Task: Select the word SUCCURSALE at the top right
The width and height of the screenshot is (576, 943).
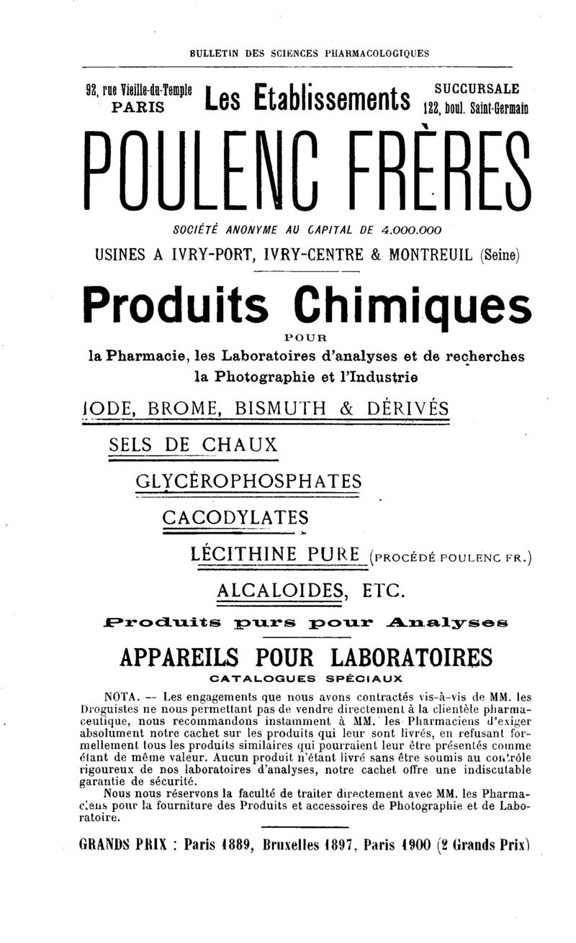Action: coord(478,89)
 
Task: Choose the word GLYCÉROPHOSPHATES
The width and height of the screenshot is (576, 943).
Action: coord(248,480)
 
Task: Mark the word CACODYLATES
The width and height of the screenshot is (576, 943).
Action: coord(235,517)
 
